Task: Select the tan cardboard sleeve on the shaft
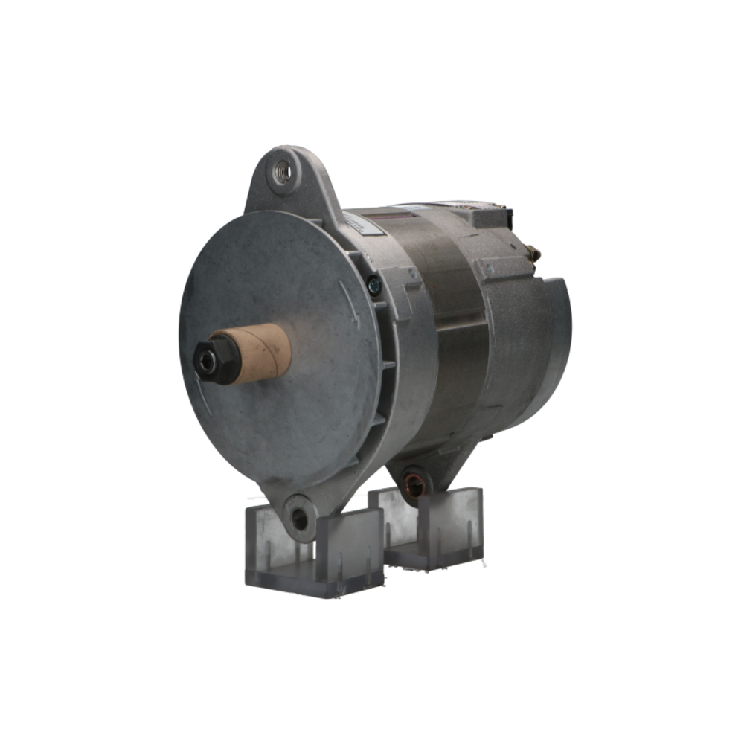[260, 352]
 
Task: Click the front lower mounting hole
[300, 519]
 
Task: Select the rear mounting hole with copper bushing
[414, 484]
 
